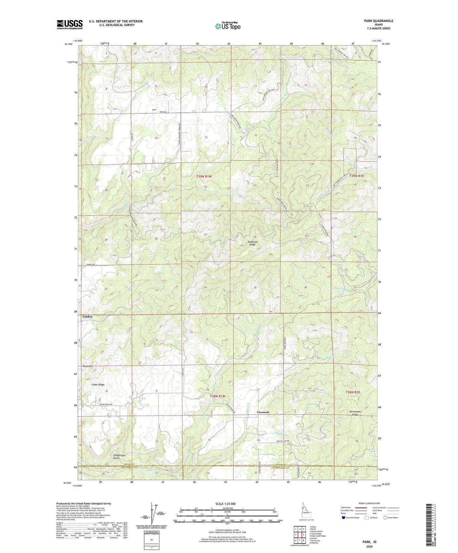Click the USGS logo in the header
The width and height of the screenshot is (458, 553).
[x=69, y=24]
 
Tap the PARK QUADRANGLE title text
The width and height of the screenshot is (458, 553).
[x=378, y=21]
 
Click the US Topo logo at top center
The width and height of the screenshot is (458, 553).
[x=227, y=26]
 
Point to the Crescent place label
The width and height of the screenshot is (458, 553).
[x=263, y=412]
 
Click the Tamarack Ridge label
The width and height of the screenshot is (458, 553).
[x=252, y=243]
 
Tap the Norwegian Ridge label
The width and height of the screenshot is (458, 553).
[x=355, y=413]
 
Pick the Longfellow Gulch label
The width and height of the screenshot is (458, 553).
[x=119, y=457]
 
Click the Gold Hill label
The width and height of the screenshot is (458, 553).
[x=87, y=366]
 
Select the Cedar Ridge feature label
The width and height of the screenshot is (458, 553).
[x=98, y=385]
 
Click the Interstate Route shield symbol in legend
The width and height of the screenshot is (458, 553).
[x=344, y=518]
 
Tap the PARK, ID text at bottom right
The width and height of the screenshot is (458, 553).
[x=369, y=542]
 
